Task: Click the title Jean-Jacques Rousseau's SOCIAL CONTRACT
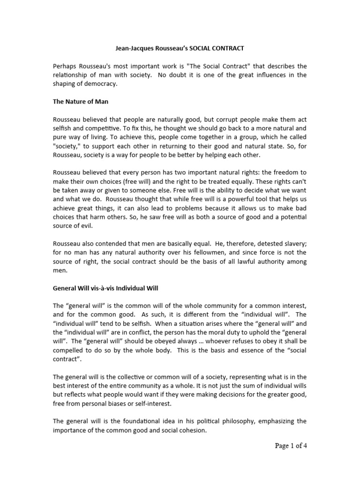(180, 48)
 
